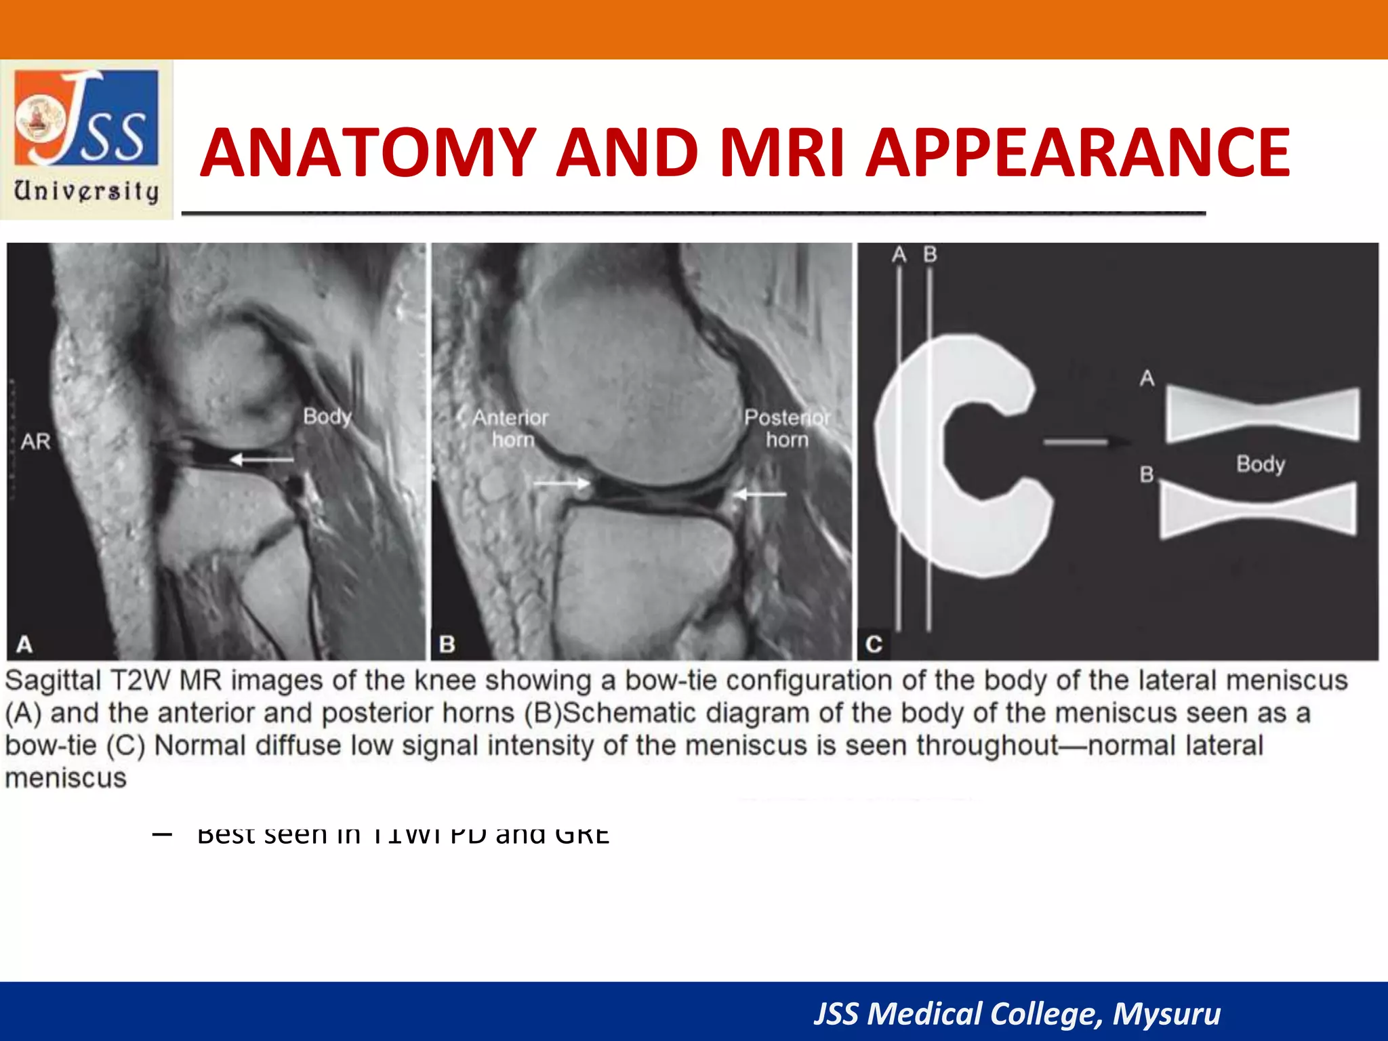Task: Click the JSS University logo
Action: pos(87,139)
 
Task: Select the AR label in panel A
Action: pos(36,442)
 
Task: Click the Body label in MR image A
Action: pos(327,416)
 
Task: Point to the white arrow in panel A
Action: pos(262,460)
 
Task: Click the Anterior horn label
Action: pos(511,428)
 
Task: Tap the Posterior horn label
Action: pos(787,428)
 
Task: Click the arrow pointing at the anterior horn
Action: pos(561,483)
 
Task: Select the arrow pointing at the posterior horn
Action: pos(760,494)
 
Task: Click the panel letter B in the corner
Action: pos(447,643)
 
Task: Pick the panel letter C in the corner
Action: pos(874,643)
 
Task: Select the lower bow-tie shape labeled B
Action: pos(1259,510)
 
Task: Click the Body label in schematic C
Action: pos(1260,464)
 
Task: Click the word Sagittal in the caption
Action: pos(54,680)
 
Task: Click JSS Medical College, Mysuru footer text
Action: pos(1017,1014)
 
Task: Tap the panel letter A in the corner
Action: pos(24,643)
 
